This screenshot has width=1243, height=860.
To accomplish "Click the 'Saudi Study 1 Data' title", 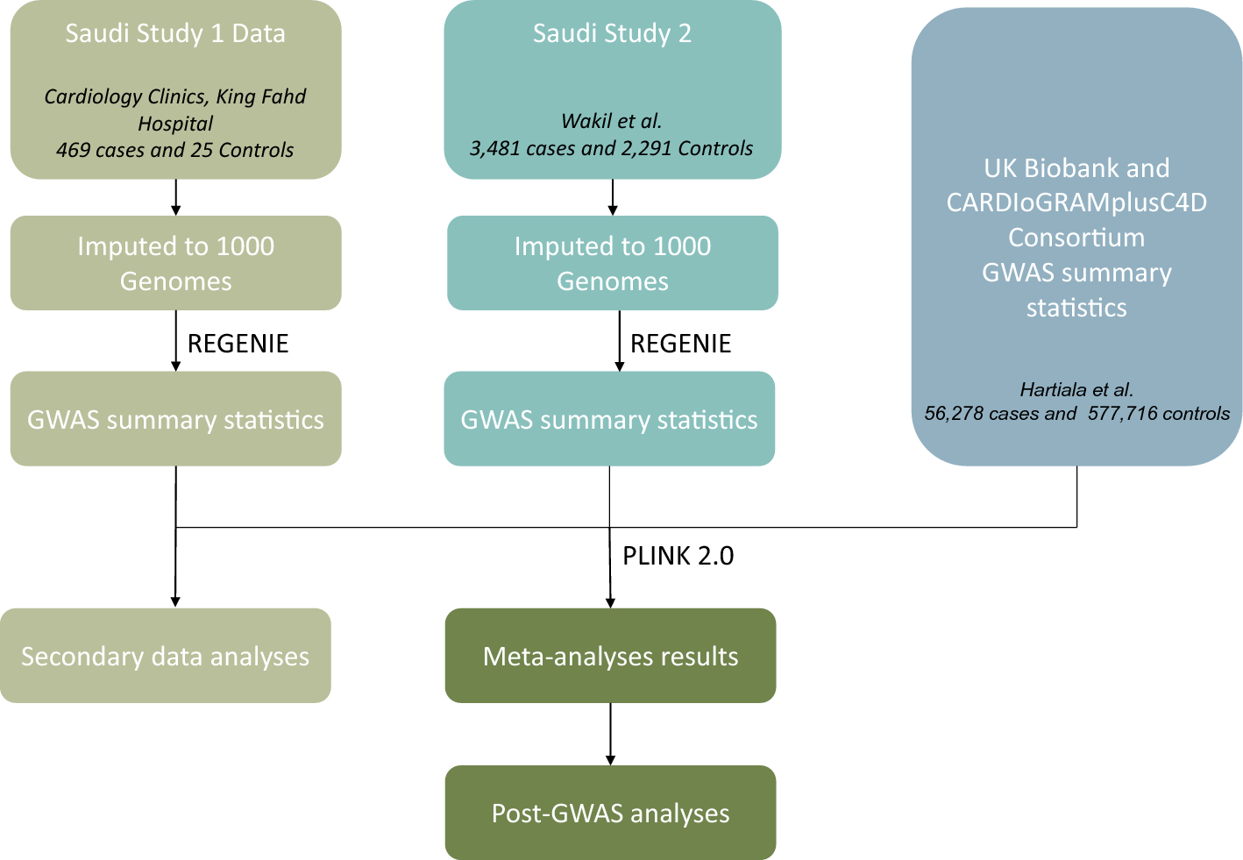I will pyautogui.click(x=175, y=33).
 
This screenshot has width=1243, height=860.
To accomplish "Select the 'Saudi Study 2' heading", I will pyautogui.click(x=612, y=33).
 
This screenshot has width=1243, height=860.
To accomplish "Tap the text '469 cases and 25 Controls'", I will pyautogui.click(x=175, y=150).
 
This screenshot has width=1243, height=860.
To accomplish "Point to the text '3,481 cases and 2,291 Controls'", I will pyautogui.click(x=611, y=148).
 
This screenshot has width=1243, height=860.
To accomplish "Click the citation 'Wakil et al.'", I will pyautogui.click(x=611, y=121).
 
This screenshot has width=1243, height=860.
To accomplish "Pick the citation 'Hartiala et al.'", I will pyautogui.click(x=1076, y=389).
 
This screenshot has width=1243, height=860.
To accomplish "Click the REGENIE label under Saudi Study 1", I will pyautogui.click(x=238, y=343).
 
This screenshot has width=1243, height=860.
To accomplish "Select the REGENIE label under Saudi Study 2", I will pyautogui.click(x=680, y=343).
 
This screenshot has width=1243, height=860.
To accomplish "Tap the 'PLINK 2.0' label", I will pyautogui.click(x=678, y=556).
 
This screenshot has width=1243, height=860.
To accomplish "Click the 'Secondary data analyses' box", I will pyautogui.click(x=166, y=656).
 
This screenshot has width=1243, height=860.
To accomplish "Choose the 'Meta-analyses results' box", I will pyautogui.click(x=610, y=656).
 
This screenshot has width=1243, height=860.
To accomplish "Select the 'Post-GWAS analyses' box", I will pyautogui.click(x=610, y=813).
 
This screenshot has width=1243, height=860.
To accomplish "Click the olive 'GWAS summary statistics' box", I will pyautogui.click(x=175, y=419).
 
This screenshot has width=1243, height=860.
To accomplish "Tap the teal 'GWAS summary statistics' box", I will pyautogui.click(x=609, y=419).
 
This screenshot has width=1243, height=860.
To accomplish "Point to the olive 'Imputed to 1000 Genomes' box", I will pyautogui.click(x=175, y=263).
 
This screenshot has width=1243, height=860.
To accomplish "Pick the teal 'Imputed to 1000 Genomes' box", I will pyautogui.click(x=612, y=263).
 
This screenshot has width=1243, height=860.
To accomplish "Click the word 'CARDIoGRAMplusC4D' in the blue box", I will pyautogui.click(x=1076, y=203).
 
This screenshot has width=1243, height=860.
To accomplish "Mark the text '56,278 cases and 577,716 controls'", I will pyautogui.click(x=1076, y=414).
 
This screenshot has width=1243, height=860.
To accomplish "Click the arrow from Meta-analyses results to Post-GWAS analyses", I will pyautogui.click(x=610, y=735).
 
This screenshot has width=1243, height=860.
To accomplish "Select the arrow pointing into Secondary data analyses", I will pyautogui.click(x=175, y=570).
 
